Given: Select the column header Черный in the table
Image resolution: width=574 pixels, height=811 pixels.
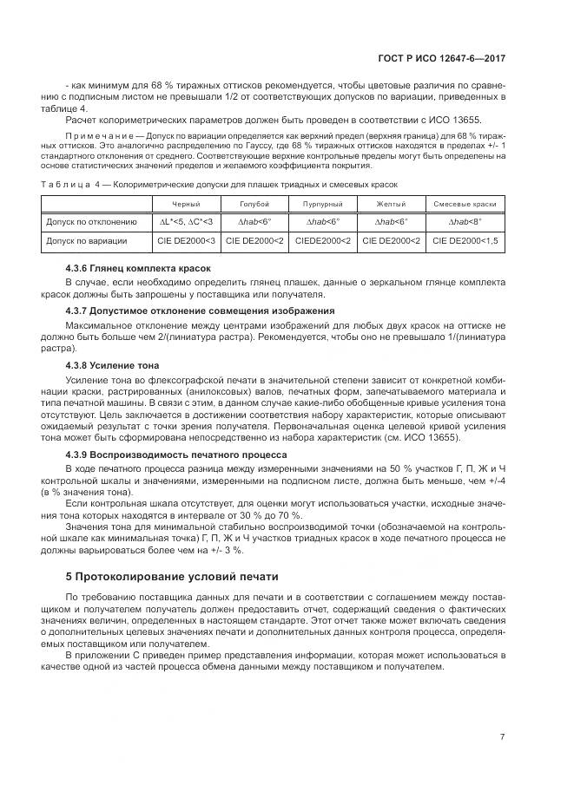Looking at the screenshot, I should click(183, 203).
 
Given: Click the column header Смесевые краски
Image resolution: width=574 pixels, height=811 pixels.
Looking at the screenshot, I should click(465, 203).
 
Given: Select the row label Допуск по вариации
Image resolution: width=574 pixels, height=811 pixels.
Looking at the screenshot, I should click(87, 240).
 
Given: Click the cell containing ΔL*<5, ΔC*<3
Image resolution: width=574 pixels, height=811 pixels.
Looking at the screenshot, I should click(183, 222).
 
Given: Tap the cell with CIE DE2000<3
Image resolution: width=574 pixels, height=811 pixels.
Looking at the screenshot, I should click(183, 240).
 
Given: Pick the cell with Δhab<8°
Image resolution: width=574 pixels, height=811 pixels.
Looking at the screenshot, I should click(465, 222).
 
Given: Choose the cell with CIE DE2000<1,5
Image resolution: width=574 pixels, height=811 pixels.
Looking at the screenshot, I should click(465, 240).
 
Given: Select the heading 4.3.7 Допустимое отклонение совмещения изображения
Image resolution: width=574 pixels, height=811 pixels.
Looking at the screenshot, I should click(200, 311).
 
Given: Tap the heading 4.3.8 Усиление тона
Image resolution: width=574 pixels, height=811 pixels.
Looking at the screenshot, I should click(112, 365).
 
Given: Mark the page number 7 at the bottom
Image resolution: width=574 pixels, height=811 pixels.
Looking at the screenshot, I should click(503, 736).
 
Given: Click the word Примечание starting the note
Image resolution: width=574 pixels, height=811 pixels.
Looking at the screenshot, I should click(93, 136).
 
